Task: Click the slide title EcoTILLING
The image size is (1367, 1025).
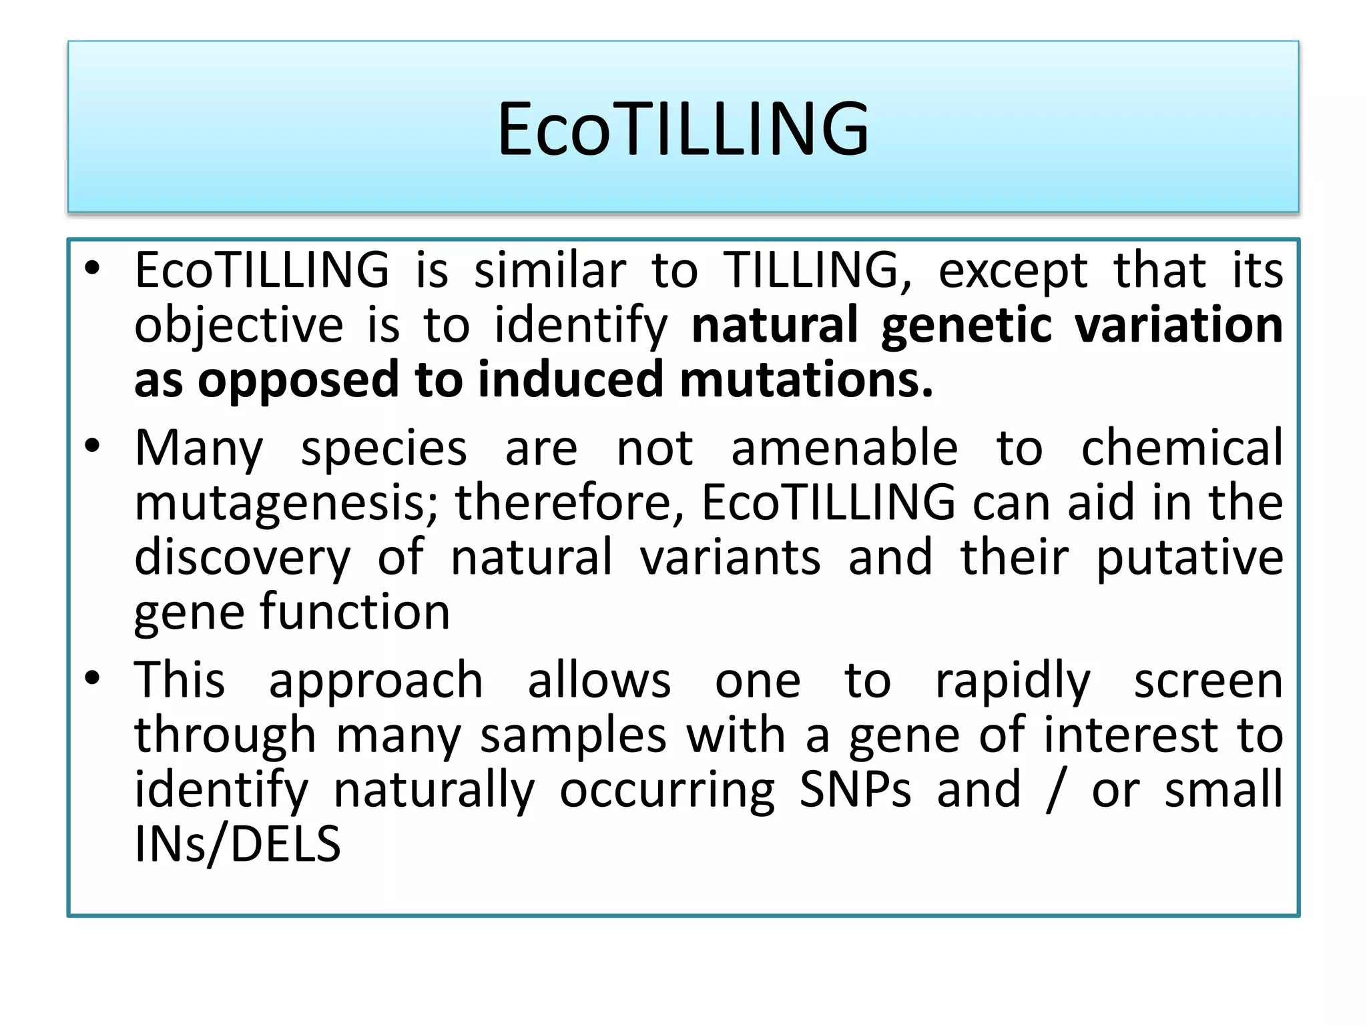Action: pos(683,128)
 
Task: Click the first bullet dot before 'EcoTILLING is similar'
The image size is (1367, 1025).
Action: pos(92,268)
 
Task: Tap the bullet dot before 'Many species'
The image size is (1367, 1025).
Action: pos(92,445)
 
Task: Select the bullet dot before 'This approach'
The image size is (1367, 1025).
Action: pos(92,677)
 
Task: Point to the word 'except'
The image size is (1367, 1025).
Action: pos(1013,272)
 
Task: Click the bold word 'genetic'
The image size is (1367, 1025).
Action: pos(966,325)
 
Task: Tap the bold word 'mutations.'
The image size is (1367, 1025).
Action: pos(806,379)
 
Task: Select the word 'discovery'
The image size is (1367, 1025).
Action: pos(242,557)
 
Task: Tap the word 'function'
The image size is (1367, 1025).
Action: pos(355,611)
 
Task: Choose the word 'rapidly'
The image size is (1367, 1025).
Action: pos(1013,681)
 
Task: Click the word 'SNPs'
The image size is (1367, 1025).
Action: pos(855,789)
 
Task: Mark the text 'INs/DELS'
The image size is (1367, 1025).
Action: pos(238,844)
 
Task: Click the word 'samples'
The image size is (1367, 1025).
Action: pos(573,735)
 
